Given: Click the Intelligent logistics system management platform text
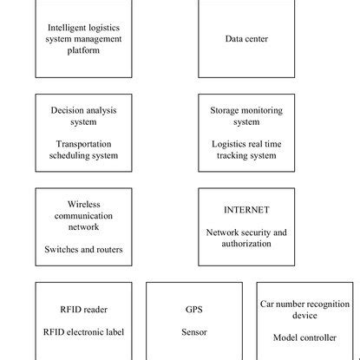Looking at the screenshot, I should [x=84, y=39].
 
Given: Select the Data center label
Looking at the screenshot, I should [x=246, y=39].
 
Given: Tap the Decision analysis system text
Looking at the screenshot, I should [x=84, y=116].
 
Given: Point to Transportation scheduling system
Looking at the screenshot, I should [x=84, y=150].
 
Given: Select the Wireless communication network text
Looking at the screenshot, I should [x=84, y=216].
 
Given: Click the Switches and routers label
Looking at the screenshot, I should [x=84, y=249].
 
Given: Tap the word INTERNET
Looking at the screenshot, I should [x=246, y=210].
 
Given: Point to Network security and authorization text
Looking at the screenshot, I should [x=246, y=238].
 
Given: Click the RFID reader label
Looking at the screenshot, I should [x=84, y=309].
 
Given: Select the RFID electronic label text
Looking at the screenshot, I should [x=84, y=331].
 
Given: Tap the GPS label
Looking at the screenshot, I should [x=194, y=309].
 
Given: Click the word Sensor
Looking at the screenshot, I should [x=194, y=331].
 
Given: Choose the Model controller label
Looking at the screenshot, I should [x=305, y=337].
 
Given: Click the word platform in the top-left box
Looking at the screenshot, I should [x=84, y=50].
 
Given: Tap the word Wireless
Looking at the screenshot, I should [x=84, y=205].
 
